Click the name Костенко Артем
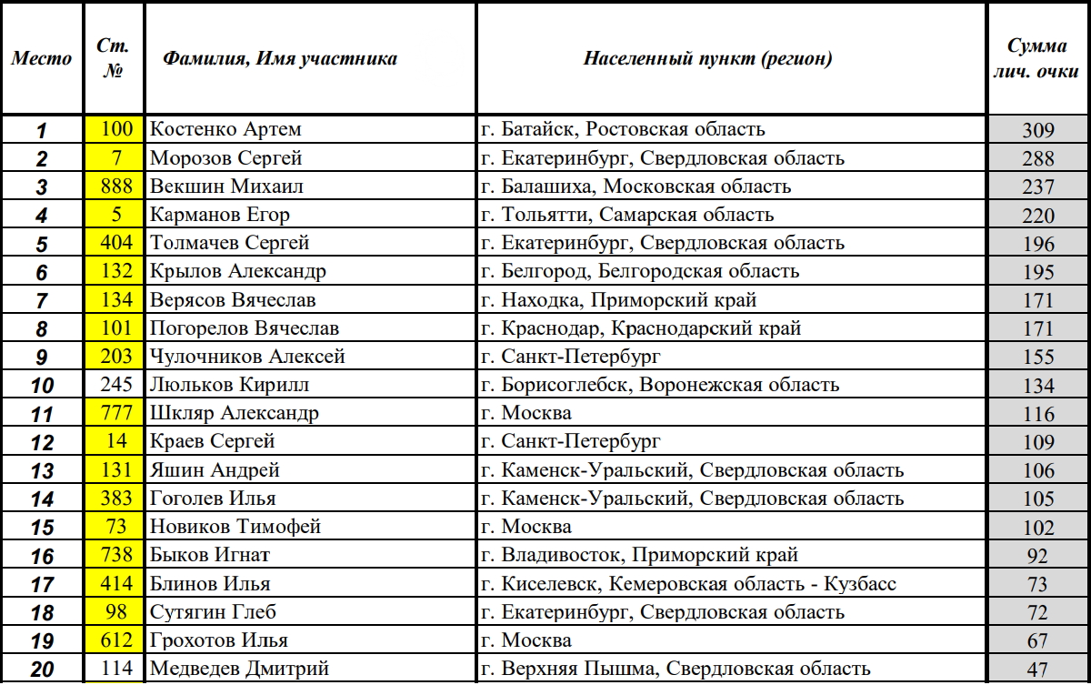coord(225,129)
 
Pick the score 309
coord(1037,130)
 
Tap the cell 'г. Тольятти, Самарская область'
coord(627,215)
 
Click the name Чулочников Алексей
coord(247,357)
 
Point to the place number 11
coord(42,414)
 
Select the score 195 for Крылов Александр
coord(1037,272)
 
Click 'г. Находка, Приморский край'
coord(618,299)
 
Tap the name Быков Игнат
coord(210,554)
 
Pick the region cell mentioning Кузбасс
coord(688,583)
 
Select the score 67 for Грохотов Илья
coord(1037,640)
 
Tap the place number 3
coord(42,187)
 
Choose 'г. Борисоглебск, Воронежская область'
coord(660,385)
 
